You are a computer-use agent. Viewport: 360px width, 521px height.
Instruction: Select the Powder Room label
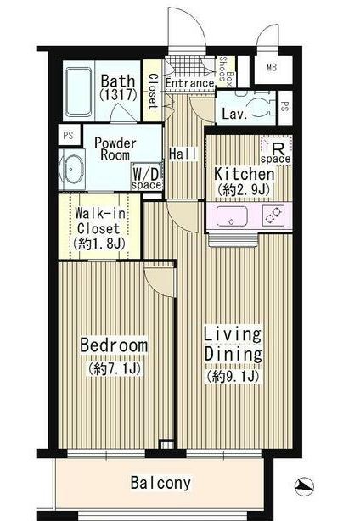(x=111, y=148)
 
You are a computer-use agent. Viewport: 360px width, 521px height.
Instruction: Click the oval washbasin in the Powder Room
(x=72, y=168)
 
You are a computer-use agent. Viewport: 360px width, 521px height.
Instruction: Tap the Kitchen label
(x=245, y=173)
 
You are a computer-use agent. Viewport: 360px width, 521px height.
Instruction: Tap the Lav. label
(x=234, y=113)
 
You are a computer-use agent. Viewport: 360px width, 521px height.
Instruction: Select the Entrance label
(x=188, y=83)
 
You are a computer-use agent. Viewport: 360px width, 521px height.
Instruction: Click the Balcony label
(x=160, y=484)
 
